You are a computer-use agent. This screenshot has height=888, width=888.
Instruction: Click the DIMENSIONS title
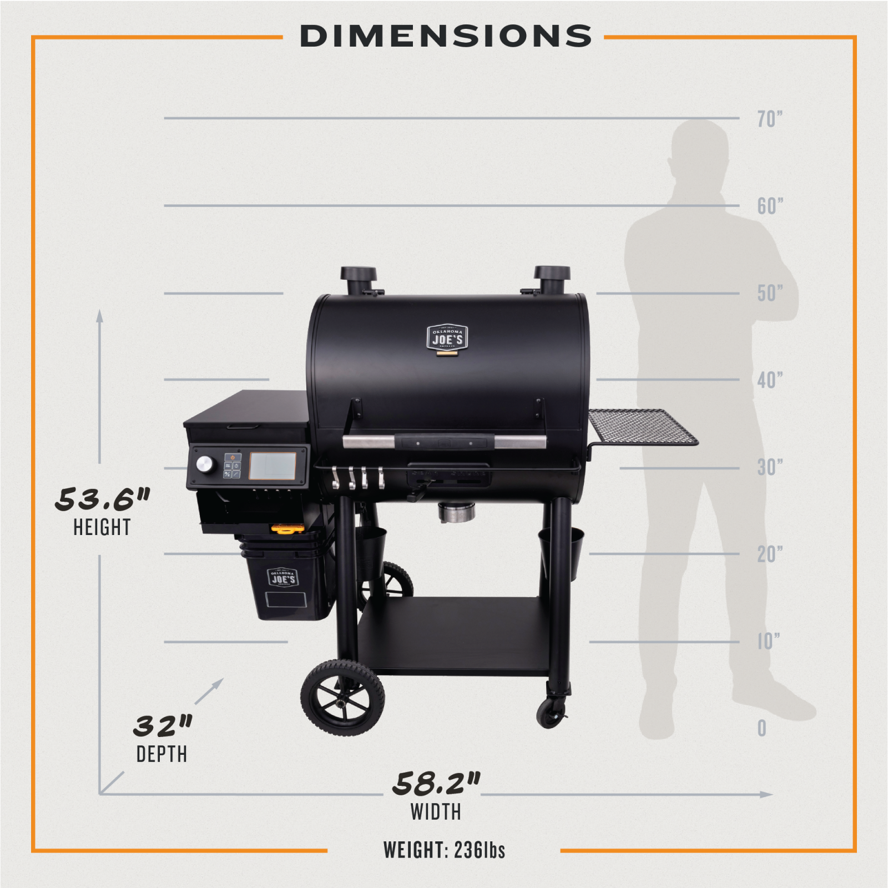pos(446,36)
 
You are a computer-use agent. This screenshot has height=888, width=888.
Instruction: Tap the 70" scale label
pos(770,119)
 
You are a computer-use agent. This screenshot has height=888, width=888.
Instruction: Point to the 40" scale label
pos(770,380)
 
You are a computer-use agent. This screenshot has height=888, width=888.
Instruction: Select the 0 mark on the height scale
pos(762,728)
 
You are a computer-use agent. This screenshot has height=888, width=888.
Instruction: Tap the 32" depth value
pos(162,725)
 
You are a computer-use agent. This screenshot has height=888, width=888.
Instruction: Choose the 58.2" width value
pos(436,783)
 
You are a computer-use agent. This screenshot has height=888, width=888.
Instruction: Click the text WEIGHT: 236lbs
pos(444,850)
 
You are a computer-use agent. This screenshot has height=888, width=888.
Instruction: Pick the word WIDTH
pos(436,812)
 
